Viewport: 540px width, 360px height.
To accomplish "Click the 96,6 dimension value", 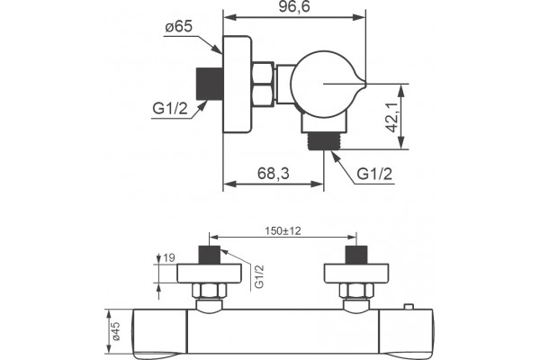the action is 294,7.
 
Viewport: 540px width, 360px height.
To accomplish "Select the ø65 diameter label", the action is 178,26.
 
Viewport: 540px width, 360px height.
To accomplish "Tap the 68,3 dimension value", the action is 273,174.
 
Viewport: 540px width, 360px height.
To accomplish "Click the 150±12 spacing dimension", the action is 283,230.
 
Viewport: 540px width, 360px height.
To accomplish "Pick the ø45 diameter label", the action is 116,331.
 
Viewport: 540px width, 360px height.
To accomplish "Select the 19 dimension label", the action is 169,257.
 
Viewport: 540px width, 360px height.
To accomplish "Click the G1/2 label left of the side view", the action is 170,109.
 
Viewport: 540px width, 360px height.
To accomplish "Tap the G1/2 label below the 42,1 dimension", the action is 374,174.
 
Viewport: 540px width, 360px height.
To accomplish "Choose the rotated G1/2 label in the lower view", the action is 259,276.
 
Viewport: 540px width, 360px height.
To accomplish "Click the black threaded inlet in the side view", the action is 210,84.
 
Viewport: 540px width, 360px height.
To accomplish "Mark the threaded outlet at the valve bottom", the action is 324,141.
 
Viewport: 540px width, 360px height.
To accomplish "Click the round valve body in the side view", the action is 321,84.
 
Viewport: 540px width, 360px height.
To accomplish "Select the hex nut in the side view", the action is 263,84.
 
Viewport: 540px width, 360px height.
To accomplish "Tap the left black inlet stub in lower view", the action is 210,255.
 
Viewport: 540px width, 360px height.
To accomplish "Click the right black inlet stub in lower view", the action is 356,255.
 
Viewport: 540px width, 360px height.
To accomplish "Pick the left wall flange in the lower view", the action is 210,274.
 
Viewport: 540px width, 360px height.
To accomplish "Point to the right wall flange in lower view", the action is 356,274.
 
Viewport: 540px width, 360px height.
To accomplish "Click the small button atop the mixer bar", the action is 409,306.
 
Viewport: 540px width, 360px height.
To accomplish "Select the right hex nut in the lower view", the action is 356,291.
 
